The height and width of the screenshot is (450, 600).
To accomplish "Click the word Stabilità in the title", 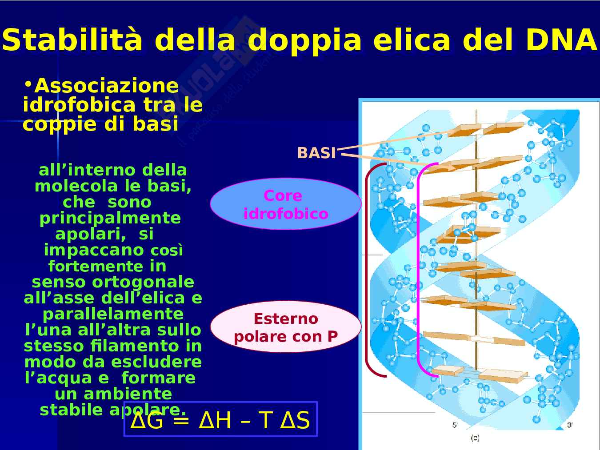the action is point(72,40).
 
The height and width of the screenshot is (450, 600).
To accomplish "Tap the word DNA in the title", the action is point(562,40).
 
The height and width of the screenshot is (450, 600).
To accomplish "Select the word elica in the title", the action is point(412,40).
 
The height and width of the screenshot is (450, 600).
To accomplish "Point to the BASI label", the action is point(316,153).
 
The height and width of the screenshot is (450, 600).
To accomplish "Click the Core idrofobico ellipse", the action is point(286,204).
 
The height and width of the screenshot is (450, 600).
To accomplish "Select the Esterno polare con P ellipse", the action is point(286,327).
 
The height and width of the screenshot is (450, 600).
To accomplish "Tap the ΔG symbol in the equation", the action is point(147,420).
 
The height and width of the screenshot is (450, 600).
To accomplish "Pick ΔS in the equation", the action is point(295,420).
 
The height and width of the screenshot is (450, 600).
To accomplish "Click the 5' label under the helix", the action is point(455,425).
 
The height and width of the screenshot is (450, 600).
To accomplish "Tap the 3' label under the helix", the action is point(570,425).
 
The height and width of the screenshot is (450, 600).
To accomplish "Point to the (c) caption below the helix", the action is point(475,438).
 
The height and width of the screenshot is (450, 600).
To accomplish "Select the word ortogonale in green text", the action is point(143,282).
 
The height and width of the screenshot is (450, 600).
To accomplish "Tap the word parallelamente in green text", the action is point(113,315).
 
